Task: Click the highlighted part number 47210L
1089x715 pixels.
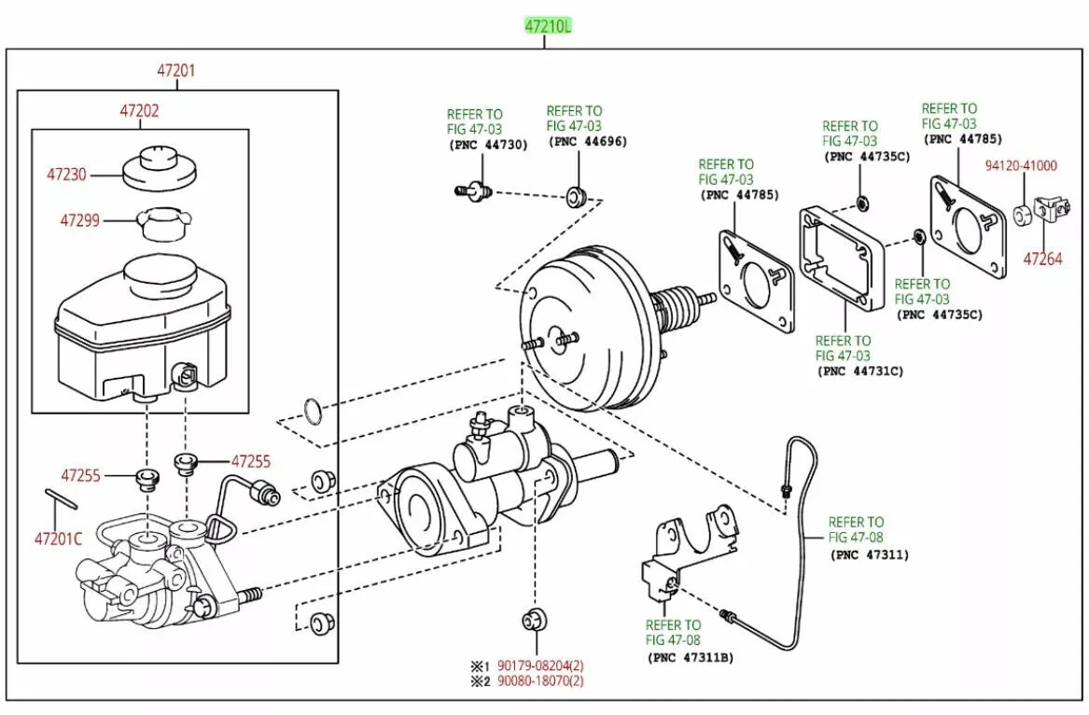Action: click(x=547, y=27)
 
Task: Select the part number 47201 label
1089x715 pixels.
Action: click(x=176, y=70)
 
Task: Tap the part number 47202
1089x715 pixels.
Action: click(x=139, y=110)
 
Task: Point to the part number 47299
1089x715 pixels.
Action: click(x=81, y=221)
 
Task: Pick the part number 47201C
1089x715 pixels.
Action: click(x=58, y=539)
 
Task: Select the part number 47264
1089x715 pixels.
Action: click(x=1042, y=259)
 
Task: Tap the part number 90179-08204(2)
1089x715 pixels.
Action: click(x=540, y=666)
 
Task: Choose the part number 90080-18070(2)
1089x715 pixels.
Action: click(x=540, y=681)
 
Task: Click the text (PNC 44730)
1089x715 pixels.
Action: click(x=488, y=145)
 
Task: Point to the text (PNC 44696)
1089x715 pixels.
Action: click(x=588, y=142)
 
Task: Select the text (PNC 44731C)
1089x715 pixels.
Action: click(x=860, y=371)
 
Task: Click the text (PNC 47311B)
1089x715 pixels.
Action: click(x=691, y=657)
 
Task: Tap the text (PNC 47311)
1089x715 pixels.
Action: click(x=869, y=554)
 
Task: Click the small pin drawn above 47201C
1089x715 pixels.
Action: click(x=61, y=498)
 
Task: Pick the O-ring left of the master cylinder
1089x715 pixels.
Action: click(x=314, y=410)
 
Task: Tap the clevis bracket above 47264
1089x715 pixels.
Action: click(x=1052, y=208)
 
